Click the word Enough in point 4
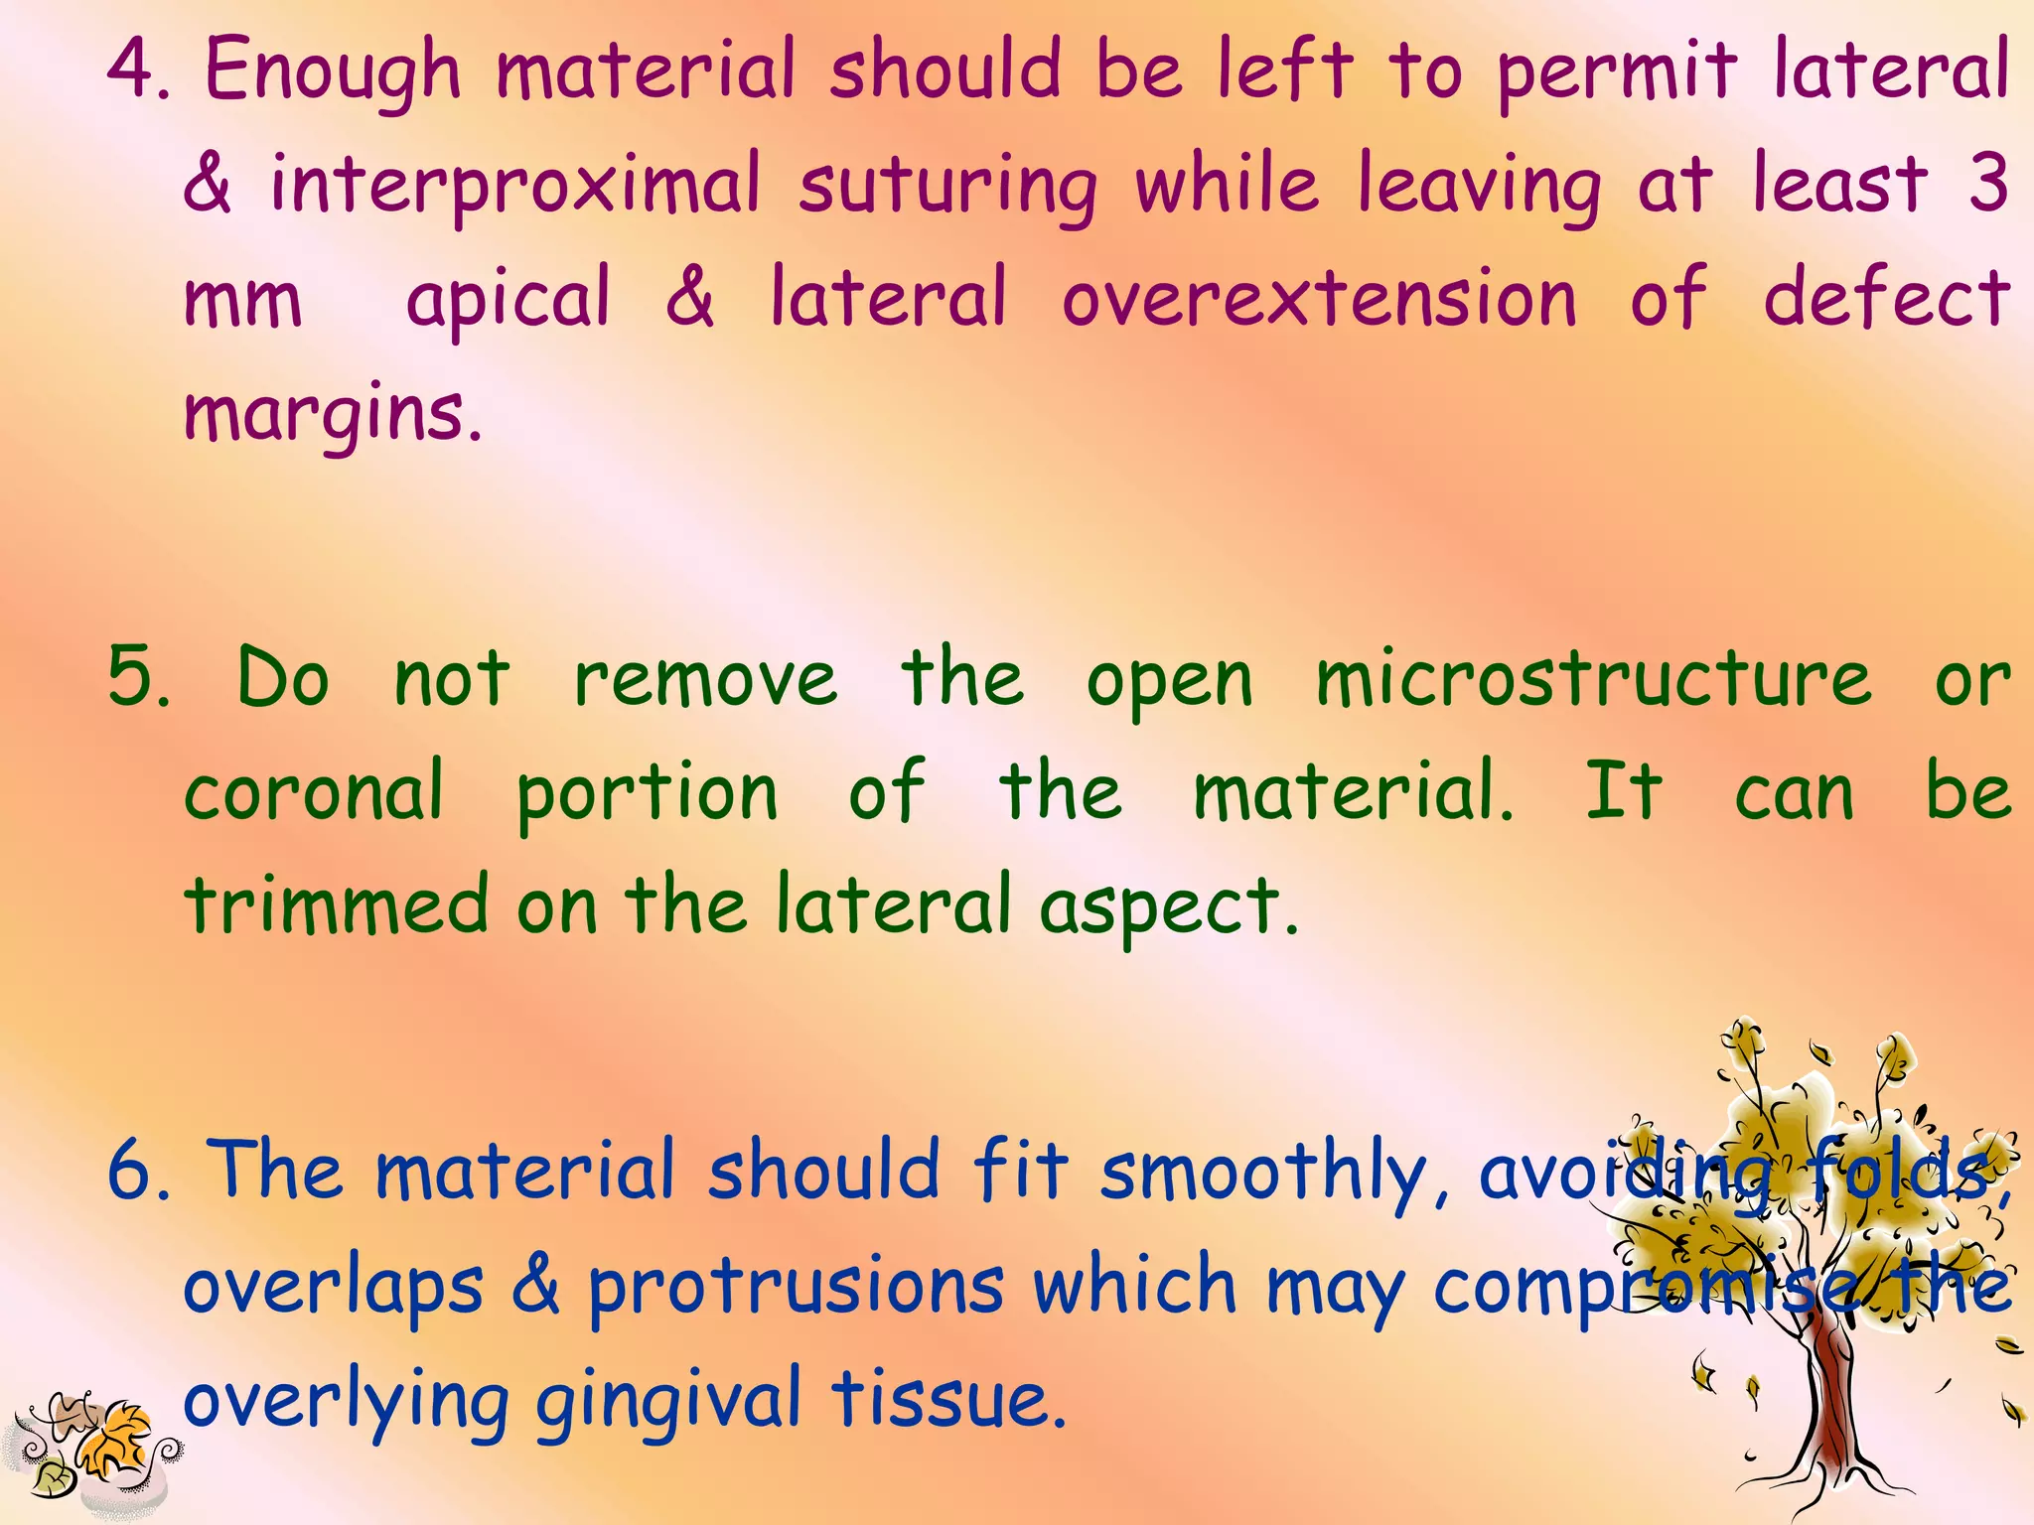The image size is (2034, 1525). pos(333,71)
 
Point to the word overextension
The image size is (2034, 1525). pos(1319,298)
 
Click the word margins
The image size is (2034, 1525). pos(333,415)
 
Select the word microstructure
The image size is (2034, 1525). pos(1593,679)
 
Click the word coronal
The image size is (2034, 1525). pos(314,791)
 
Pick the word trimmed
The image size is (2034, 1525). pos(336,904)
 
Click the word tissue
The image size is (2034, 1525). pos(948,1400)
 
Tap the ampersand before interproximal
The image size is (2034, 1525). pos(208,185)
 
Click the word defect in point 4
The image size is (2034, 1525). pos(1886,298)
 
